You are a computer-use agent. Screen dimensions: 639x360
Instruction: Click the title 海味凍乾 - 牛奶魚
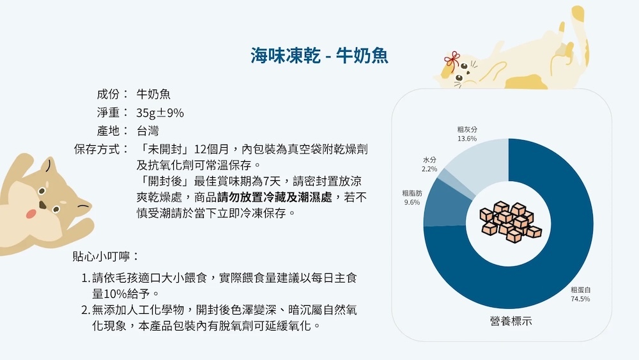point(319,56)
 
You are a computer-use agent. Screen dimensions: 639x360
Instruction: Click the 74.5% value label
point(580,299)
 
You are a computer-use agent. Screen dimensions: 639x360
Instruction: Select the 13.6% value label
point(467,139)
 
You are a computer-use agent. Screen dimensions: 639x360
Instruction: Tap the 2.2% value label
point(429,169)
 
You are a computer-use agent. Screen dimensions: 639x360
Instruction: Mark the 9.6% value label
point(412,202)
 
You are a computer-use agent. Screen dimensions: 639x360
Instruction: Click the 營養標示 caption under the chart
point(511,321)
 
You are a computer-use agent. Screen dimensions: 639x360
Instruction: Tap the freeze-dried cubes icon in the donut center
point(510,222)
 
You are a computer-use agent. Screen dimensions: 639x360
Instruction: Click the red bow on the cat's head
point(452,61)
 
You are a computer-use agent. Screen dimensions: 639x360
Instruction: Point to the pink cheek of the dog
point(31,213)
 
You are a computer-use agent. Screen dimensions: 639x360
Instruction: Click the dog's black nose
point(42,205)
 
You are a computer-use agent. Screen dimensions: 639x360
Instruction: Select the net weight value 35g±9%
point(160,113)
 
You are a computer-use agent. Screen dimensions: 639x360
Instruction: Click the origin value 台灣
point(148,131)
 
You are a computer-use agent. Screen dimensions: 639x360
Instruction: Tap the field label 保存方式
point(97,149)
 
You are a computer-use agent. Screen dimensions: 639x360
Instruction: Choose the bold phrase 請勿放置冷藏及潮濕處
point(275,198)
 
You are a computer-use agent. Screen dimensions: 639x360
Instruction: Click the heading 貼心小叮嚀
point(101,256)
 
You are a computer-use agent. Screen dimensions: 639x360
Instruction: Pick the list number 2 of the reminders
point(85,310)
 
